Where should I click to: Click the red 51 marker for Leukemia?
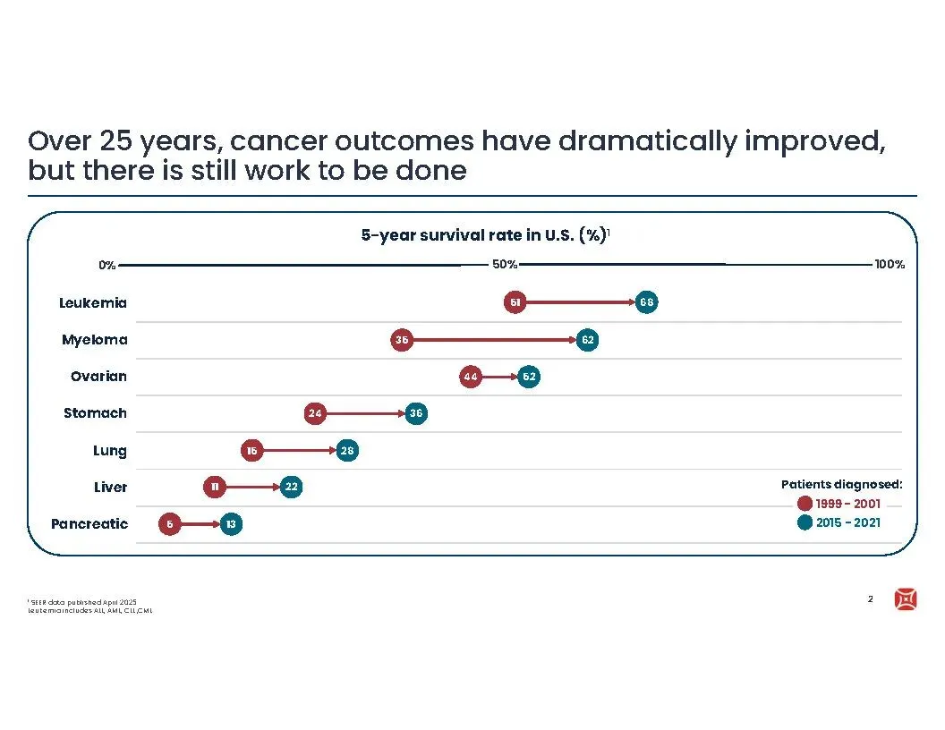click(x=515, y=302)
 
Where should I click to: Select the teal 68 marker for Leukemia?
click(x=647, y=302)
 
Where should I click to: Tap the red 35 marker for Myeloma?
click(x=403, y=340)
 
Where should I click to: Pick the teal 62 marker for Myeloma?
click(x=587, y=340)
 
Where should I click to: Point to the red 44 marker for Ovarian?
click(x=471, y=377)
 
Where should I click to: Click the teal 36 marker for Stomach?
click(x=415, y=413)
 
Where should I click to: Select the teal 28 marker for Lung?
click(x=348, y=451)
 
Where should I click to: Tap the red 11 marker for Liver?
click(x=215, y=488)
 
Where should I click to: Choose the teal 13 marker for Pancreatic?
click(x=231, y=524)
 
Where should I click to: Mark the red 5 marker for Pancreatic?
click(x=170, y=524)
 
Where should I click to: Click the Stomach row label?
click(x=95, y=413)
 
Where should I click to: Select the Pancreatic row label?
click(x=89, y=524)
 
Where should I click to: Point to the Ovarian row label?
click(x=98, y=377)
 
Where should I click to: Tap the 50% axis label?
click(x=505, y=265)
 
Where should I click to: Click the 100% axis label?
click(x=890, y=265)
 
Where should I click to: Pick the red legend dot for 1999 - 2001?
click(x=805, y=504)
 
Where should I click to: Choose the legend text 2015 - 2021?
click(x=847, y=522)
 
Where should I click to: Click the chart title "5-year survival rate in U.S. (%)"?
click(x=483, y=235)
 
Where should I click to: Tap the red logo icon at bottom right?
click(x=905, y=600)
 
